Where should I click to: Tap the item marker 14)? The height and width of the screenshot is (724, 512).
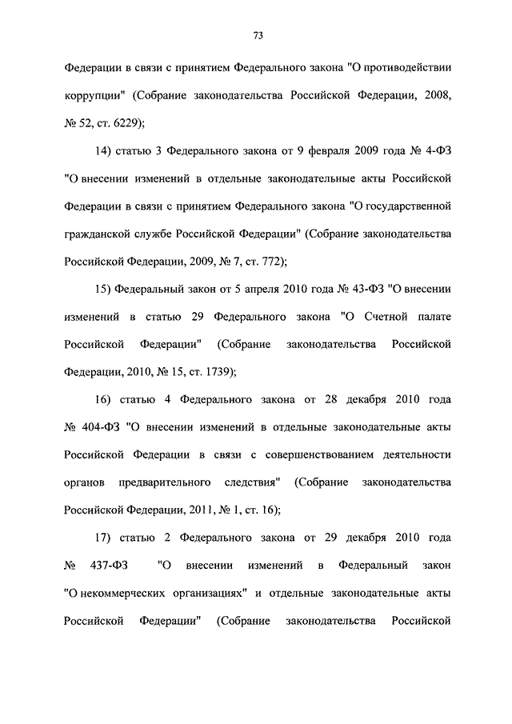(x=104, y=148)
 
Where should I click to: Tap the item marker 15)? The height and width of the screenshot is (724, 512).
(x=104, y=288)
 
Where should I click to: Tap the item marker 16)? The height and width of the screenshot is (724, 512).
(x=104, y=399)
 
